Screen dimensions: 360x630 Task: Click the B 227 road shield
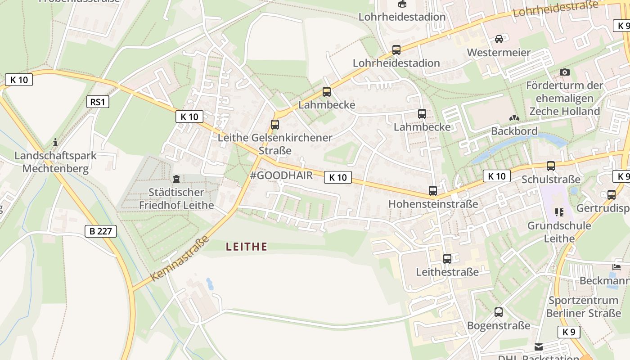point(101,231)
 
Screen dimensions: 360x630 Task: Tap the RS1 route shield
point(98,102)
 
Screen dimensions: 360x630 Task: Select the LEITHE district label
point(247,247)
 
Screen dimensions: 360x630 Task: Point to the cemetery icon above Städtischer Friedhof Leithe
point(176,179)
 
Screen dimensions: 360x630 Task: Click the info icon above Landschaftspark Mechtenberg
point(55,142)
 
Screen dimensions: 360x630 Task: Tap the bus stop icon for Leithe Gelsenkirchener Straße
point(274,125)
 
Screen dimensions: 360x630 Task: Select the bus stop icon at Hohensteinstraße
point(433,191)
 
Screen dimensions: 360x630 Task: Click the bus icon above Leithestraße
point(447,259)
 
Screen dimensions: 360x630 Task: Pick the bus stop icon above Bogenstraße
point(499,312)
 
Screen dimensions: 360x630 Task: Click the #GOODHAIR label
point(281,175)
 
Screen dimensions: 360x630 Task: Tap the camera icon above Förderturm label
point(564,72)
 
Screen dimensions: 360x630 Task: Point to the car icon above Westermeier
point(499,39)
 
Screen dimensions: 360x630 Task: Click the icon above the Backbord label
point(514,118)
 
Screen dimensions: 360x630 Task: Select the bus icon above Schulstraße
point(551,166)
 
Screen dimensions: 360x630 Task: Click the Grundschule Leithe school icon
point(559,212)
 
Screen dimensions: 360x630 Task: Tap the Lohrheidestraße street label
point(555,9)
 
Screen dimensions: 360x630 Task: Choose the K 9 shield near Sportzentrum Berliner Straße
point(569,332)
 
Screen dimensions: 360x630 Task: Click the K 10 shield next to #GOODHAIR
point(338,177)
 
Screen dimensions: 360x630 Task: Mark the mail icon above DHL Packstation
point(539,346)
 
